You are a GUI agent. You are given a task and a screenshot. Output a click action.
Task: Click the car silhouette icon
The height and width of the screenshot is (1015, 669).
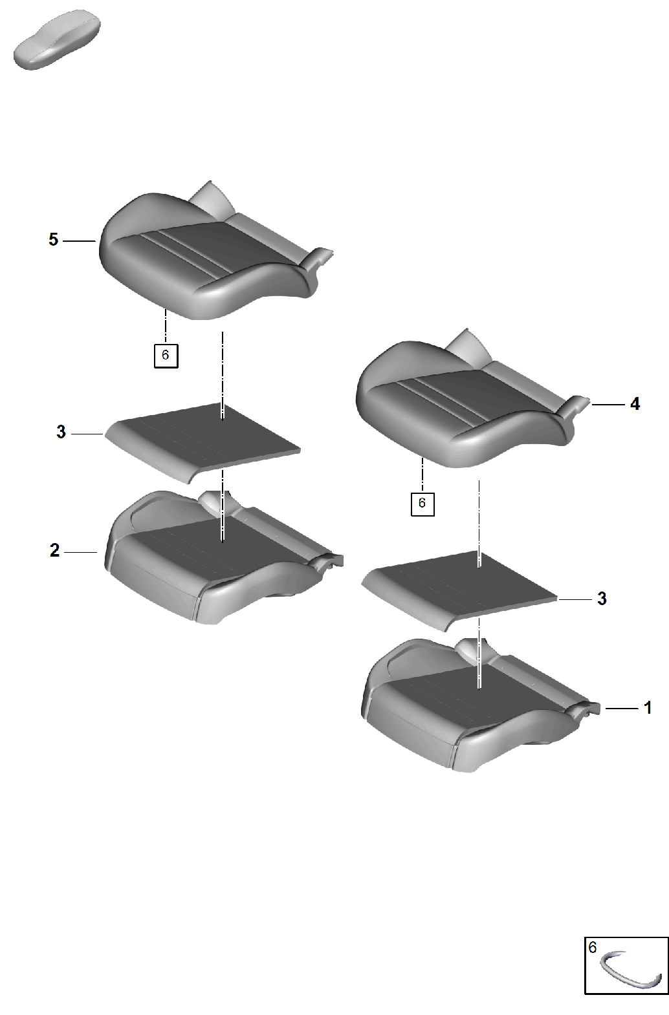pos(57,40)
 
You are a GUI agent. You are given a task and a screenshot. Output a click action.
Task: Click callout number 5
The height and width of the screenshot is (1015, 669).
pos(54,240)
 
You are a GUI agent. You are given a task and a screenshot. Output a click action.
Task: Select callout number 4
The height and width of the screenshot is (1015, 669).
pos(635,403)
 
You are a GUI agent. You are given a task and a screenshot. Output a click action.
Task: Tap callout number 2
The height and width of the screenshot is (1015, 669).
pos(54,551)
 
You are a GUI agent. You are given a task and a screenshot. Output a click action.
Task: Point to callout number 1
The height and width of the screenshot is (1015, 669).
pos(648,708)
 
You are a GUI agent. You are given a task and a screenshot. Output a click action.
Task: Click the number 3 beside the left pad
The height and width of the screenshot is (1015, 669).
pos(61,432)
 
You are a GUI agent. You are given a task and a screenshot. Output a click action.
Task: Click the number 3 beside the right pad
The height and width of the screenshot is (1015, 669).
pos(602,599)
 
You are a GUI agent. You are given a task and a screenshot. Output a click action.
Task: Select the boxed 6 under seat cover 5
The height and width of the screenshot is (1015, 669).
pos(166,356)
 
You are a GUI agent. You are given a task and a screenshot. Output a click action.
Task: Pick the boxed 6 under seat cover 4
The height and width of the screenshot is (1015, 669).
pos(422,504)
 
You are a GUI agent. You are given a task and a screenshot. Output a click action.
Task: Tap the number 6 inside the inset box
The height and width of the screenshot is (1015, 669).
pos(593,947)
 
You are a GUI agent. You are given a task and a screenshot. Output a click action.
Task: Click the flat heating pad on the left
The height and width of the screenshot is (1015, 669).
pos(202,442)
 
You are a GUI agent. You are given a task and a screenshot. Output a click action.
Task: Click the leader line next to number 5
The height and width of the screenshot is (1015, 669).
pos(79,241)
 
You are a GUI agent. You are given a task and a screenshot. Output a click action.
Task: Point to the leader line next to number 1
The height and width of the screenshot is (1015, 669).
pos(621,708)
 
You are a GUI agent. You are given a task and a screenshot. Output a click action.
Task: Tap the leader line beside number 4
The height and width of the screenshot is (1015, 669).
pos(608,404)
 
